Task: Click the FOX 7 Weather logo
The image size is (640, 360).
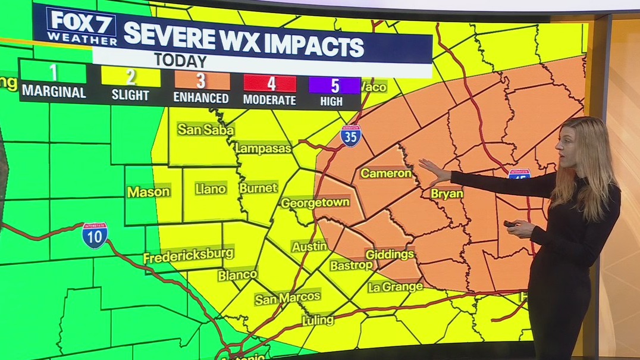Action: (x=81, y=27)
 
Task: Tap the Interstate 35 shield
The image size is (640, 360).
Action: (x=350, y=136)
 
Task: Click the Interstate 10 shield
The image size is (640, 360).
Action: (x=95, y=235)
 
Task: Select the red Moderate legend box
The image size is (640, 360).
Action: (x=269, y=83)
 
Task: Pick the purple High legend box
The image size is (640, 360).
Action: (x=334, y=85)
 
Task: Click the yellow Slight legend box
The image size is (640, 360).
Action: (x=130, y=77)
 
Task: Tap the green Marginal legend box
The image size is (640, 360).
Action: (x=54, y=73)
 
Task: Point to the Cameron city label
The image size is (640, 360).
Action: (x=386, y=173)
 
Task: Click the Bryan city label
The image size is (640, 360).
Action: (x=447, y=193)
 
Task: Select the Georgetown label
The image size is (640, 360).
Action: (x=315, y=202)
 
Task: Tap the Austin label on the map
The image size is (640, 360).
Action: (x=309, y=246)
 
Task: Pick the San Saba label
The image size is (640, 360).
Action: (x=206, y=130)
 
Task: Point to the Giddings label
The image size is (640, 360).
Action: (x=390, y=254)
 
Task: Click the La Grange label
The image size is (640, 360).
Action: (x=395, y=287)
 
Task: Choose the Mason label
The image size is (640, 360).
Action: (x=148, y=192)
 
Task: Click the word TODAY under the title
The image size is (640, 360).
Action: (x=180, y=61)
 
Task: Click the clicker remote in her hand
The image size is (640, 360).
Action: (x=510, y=224)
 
